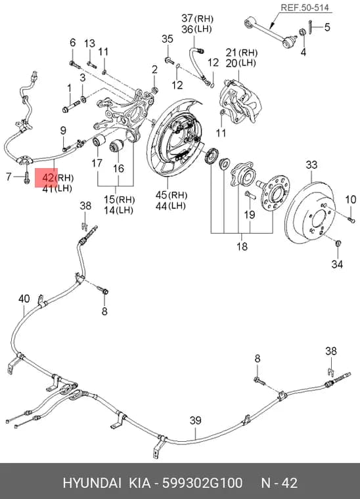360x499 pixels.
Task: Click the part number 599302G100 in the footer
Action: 202,483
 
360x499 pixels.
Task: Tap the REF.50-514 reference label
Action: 305,8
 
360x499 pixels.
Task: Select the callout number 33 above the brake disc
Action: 311,165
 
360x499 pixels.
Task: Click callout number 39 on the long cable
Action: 195,420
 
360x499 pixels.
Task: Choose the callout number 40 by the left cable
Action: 24,299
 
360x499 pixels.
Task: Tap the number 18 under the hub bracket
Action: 242,246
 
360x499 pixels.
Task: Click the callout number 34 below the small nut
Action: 337,264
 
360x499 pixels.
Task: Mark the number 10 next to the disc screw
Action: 350,200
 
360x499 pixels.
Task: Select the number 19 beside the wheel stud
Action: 250,214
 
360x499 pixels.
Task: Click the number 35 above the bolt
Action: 168,39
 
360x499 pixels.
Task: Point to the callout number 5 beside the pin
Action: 327,27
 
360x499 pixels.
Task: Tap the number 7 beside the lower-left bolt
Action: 9,176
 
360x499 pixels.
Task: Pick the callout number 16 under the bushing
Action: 118,168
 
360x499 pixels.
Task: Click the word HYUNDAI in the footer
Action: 92,483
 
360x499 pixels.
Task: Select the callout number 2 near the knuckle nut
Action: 154,70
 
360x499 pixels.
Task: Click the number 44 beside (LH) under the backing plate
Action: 162,206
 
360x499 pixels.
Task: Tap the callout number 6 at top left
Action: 73,42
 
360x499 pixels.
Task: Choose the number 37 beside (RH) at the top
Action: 187,18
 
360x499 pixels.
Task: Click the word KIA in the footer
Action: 139,483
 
